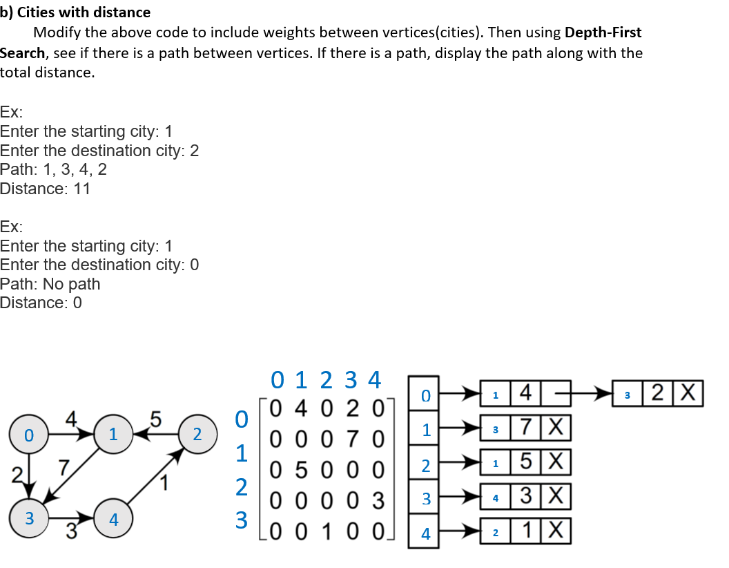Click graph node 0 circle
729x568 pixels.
28,435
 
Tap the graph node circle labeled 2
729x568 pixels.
197,435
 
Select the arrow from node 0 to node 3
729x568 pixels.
28,477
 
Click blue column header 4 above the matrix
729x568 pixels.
374,379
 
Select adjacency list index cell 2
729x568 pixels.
426,466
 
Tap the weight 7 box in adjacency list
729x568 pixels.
526,430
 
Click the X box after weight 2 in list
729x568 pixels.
688,395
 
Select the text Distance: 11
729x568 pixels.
46,189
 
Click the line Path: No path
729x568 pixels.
50,284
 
